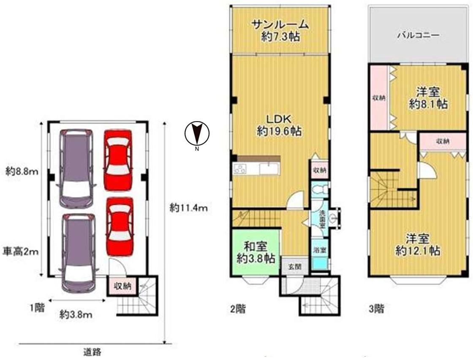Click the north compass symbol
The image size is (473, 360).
197,134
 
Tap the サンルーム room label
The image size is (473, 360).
280,25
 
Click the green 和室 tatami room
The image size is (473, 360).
255,252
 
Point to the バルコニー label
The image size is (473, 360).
418,35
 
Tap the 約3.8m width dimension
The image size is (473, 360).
76,314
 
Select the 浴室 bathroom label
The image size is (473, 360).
319,250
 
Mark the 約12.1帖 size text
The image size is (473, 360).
417,251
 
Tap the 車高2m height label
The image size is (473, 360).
22,252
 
